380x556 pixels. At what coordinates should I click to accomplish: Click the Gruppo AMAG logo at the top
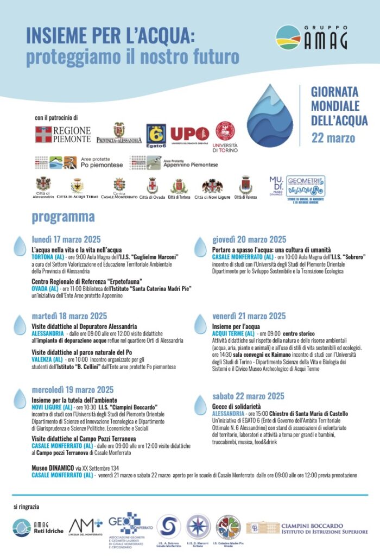pyautogui.click(x=311, y=37)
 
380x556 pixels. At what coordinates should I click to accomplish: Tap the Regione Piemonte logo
pyautogui.click(x=63, y=134)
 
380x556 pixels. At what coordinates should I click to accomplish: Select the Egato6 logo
pyautogui.click(x=156, y=136)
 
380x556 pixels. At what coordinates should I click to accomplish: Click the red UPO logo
pyautogui.click(x=189, y=135)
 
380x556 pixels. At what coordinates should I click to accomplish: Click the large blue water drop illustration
pyautogui.click(x=270, y=115)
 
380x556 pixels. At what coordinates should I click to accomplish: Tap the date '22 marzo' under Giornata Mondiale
pyautogui.click(x=333, y=137)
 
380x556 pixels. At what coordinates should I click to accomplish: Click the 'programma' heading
pyautogui.click(x=63, y=217)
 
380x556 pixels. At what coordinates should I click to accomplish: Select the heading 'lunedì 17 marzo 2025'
pyautogui.click(x=66, y=239)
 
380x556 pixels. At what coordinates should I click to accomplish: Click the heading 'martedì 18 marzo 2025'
pyautogui.click(x=69, y=316)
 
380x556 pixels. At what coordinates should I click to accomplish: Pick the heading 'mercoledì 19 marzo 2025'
pyautogui.click(x=72, y=389)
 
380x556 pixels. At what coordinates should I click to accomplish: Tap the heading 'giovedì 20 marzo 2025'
pyautogui.click(x=249, y=239)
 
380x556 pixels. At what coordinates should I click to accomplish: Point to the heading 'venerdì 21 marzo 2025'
pyautogui.click(x=249, y=316)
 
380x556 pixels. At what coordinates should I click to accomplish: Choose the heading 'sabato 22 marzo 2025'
pyautogui.click(x=248, y=396)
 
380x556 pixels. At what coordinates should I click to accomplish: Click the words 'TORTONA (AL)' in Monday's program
pyautogui.click(x=48, y=257)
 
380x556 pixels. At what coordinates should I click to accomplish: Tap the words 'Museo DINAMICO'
pyautogui.click(x=53, y=467)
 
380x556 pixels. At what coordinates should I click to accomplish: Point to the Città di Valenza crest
pyautogui.click(x=245, y=188)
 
